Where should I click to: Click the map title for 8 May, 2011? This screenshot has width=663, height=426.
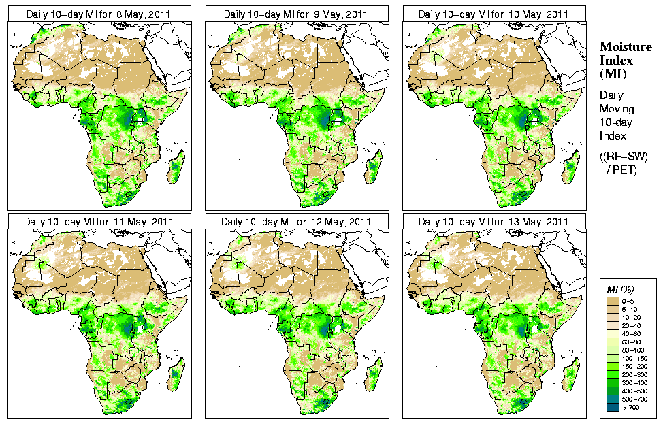point(99,14)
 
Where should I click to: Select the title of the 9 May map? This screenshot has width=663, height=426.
point(296,14)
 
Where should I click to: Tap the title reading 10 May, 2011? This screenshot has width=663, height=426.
point(494,14)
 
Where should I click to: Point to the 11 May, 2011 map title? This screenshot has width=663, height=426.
point(99,222)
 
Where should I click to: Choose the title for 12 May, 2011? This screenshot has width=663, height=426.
point(296,222)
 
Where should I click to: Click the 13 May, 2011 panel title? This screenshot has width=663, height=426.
point(494,222)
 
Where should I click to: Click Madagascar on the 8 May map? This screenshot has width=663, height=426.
point(176,168)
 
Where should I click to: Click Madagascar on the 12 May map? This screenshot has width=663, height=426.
point(373,376)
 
